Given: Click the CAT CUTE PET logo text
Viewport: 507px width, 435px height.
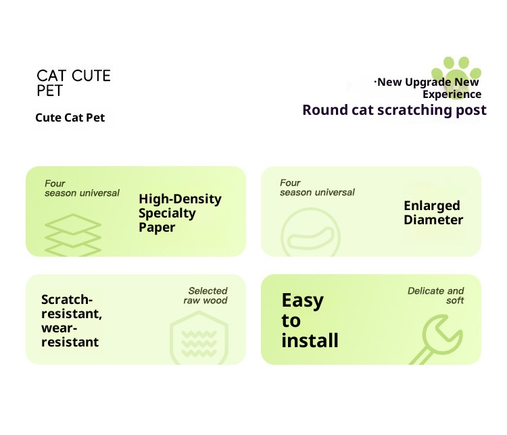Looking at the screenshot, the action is [x=74, y=83].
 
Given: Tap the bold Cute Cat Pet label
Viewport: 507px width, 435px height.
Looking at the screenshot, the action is [x=70, y=118].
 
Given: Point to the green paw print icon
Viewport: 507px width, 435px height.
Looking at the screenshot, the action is [x=456, y=76].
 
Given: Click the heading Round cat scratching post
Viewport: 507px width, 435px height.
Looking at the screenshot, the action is [x=394, y=110].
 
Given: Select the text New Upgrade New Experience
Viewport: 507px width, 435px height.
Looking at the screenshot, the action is [x=427, y=88].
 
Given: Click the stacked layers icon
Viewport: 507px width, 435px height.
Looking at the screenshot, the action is [x=73, y=235].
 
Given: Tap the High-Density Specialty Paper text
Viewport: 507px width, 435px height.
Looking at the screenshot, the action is [x=180, y=213].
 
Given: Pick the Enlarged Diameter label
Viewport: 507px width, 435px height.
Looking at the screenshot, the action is [x=433, y=213].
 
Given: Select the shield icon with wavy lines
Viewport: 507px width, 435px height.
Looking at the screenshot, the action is [x=199, y=338].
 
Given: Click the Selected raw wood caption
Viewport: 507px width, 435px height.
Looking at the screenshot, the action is [x=206, y=295].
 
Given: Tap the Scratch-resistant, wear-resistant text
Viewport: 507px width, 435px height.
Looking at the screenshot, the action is [x=72, y=321].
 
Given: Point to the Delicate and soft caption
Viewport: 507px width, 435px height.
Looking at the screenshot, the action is [x=435, y=295].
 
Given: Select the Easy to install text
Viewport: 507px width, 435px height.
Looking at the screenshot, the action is [x=310, y=320].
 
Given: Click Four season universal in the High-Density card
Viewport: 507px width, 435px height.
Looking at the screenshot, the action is [x=82, y=188].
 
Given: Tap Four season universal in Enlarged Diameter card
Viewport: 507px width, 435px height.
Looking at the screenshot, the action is [x=317, y=188].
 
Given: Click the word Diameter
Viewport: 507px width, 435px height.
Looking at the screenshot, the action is [x=433, y=220].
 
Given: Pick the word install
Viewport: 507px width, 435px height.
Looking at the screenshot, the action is [x=310, y=340].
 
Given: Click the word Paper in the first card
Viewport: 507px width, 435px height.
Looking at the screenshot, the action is [x=157, y=228].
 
